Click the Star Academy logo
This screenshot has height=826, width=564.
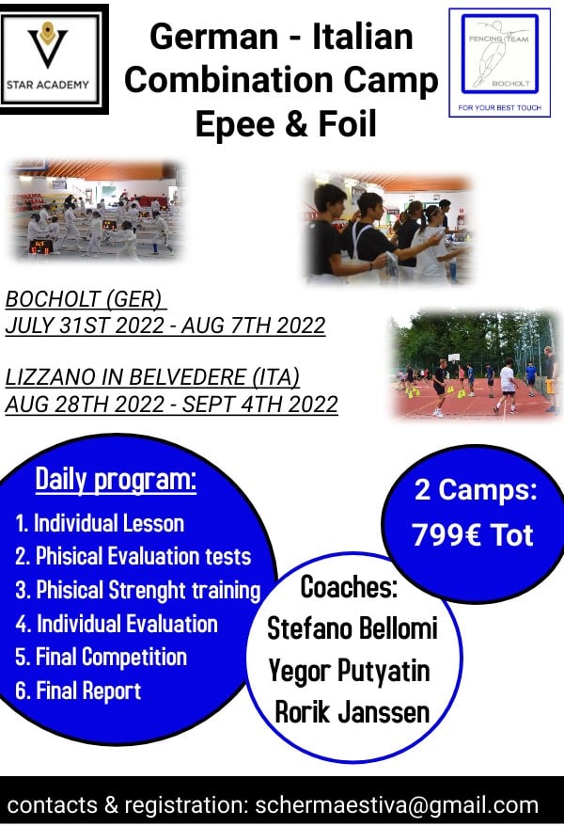[x=55, y=59]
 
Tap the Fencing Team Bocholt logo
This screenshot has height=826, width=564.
[x=499, y=62]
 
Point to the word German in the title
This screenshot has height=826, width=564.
[x=213, y=37]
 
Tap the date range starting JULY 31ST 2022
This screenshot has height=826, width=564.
[x=165, y=326]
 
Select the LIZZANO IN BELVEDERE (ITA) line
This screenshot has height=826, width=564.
[x=152, y=377]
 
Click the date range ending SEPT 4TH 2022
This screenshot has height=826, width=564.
[x=171, y=404]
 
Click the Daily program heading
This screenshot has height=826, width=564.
[x=116, y=480]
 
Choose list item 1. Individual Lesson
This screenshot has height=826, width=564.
[x=100, y=524]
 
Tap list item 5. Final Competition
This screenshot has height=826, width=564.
[x=101, y=658]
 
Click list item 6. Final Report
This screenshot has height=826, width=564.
[x=78, y=691]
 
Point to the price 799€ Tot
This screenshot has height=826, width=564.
[x=473, y=535]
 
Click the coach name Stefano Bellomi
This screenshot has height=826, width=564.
[x=352, y=629]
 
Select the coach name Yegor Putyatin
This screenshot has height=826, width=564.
[x=350, y=671]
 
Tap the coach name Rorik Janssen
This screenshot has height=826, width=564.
[x=352, y=712]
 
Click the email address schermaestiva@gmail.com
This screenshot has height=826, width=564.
[x=397, y=805]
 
